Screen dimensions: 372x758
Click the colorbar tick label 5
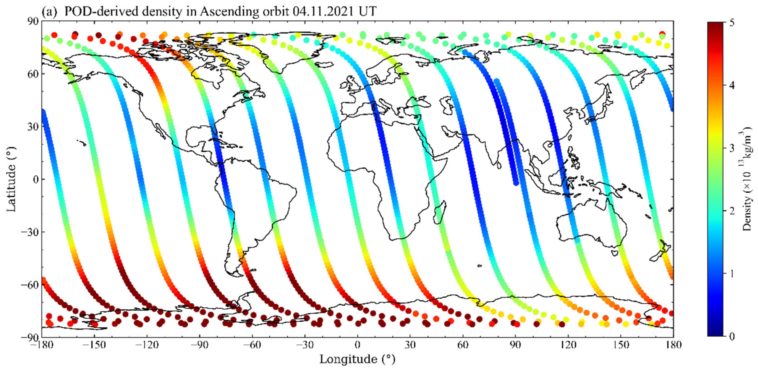(x=732, y=22)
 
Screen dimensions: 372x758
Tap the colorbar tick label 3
(x=732, y=148)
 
